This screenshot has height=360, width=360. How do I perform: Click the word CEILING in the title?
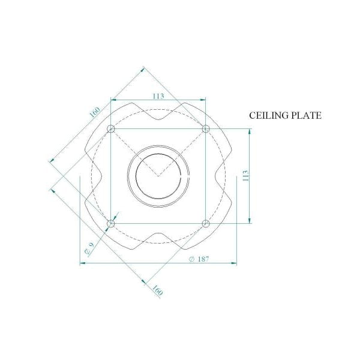(269, 115)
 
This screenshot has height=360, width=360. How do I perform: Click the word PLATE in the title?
(307, 115)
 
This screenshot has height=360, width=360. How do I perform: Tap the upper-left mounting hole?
(111, 128)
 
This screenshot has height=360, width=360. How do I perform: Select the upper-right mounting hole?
(205, 128)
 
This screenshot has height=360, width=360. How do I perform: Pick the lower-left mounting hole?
(111, 223)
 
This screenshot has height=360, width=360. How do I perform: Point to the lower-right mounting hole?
(205, 223)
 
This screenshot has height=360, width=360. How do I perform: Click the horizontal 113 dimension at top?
(158, 96)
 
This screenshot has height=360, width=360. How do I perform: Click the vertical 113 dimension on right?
(245, 176)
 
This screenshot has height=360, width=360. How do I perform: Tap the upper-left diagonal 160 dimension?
(95, 112)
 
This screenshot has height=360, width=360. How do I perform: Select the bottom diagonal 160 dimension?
(157, 290)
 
